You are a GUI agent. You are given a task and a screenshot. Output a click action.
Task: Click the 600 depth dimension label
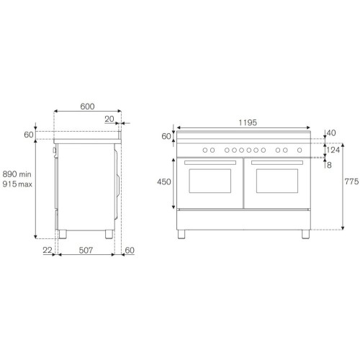point(87,107)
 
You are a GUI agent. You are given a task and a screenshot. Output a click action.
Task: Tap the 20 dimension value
point(109,120)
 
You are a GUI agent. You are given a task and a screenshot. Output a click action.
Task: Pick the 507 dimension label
point(86,250)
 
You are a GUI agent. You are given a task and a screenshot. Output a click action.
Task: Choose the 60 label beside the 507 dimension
point(130,250)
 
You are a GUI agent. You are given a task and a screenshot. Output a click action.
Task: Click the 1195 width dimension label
point(247,122)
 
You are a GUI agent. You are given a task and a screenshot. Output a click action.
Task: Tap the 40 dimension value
point(331,132)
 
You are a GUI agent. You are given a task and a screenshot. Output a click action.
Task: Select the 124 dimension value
point(333,150)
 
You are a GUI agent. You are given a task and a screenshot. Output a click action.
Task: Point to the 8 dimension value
point(328,165)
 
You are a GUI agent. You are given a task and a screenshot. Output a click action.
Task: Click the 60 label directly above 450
point(166,136)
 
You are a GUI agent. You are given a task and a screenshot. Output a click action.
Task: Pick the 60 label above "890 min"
point(29,135)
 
